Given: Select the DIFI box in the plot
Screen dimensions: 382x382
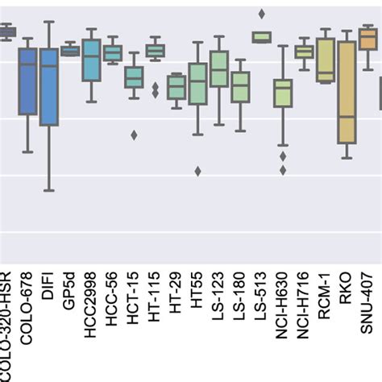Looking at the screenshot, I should click(x=49, y=87).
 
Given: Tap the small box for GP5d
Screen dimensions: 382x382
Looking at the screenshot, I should click(x=70, y=51).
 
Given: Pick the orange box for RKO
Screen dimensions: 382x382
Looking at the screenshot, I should click(x=346, y=92).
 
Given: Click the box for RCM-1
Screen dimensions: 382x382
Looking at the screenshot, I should click(x=325, y=60).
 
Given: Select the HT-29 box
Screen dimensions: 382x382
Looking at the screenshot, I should click(x=176, y=87).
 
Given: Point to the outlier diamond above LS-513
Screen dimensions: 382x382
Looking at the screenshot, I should click(x=261, y=14).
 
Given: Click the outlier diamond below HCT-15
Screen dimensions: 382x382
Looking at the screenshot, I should click(x=134, y=135).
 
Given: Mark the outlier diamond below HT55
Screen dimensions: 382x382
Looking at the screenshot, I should click(x=197, y=171).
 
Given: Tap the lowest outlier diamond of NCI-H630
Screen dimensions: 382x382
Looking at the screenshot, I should click(x=283, y=169).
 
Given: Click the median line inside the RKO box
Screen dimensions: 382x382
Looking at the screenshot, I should click(x=346, y=117).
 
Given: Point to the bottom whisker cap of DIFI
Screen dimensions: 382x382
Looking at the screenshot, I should click(x=49, y=190).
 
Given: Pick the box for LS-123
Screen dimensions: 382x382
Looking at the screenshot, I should click(x=218, y=69).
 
